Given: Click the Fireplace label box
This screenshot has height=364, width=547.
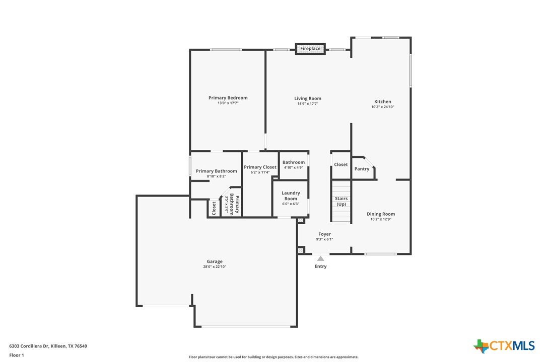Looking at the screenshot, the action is tap(310, 49).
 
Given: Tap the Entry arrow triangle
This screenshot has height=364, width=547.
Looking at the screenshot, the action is tap(321, 258).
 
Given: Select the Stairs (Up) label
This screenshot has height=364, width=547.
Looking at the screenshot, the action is tap(341, 201).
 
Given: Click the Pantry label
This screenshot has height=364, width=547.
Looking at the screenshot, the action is tap(362, 169).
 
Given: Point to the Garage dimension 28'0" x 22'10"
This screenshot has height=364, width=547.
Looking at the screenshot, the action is tap(215, 267).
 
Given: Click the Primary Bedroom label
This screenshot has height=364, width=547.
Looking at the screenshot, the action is tap(228, 98).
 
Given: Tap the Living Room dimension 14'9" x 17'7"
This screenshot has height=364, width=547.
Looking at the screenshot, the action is tap(308, 104).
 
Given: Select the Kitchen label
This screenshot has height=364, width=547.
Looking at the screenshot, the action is tap(383, 102).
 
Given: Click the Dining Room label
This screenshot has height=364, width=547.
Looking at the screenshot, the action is tap(381, 214).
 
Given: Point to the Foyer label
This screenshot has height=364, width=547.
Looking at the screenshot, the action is tap(324, 234).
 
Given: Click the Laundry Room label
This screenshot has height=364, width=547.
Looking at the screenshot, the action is tap(291, 196).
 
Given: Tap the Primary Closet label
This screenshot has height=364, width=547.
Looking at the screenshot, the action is tap(260, 167).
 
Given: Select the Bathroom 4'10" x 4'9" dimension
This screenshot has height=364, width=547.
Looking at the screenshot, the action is tap(293, 167).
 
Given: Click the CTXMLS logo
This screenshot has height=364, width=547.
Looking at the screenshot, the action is tap(504, 346).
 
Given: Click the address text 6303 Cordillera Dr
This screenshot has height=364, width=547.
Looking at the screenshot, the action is tap(29, 346).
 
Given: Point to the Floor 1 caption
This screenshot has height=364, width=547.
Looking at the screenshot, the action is tap(17, 355).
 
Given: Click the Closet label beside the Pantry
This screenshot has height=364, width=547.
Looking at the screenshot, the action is tap(341, 164).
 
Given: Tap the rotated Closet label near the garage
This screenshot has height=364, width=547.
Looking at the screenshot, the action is tap(214, 208).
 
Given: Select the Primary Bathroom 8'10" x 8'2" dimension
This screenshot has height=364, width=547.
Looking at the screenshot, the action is tap(216, 176).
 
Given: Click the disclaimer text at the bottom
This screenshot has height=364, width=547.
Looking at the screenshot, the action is tap(273, 357).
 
